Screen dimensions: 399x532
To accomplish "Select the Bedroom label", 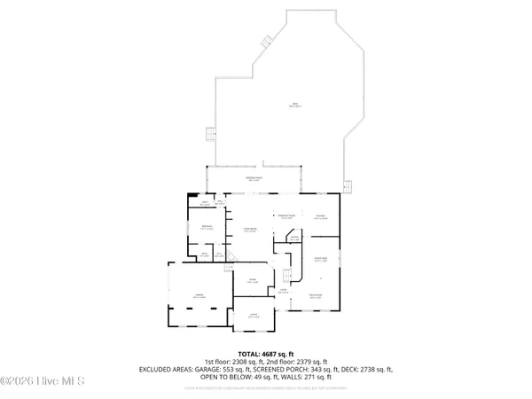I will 206,228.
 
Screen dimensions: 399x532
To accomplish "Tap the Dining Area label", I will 325,258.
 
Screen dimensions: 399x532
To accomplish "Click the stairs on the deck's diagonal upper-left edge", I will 264,39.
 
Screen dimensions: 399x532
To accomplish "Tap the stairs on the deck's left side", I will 210,134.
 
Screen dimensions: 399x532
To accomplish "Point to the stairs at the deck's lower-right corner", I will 348,188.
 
